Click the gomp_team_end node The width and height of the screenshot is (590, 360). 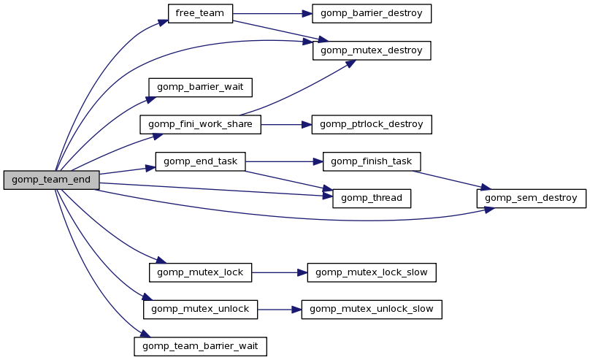pos(51,180)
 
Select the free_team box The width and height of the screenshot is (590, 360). pos(200,14)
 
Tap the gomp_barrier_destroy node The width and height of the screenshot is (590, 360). pos(372,14)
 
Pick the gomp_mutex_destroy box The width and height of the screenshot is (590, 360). pos(372,50)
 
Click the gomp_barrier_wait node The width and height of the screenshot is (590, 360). pos(200,88)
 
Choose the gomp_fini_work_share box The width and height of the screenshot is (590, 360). pos(200,124)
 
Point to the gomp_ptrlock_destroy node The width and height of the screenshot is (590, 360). pos(372,124)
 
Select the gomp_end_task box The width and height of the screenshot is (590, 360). pos(200,161)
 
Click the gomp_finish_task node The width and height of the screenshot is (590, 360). pos(372,161)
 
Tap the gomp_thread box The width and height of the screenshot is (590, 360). pos(372,198)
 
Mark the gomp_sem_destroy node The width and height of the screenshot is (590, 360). pos(531,198)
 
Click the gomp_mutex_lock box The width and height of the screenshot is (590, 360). pos(200,272)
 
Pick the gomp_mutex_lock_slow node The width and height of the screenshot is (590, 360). pos(372,272)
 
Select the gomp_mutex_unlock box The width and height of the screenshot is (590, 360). pos(200,309)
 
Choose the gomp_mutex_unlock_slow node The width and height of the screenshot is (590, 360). pos(372,309)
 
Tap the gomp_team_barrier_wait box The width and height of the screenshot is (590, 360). pos(200,346)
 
